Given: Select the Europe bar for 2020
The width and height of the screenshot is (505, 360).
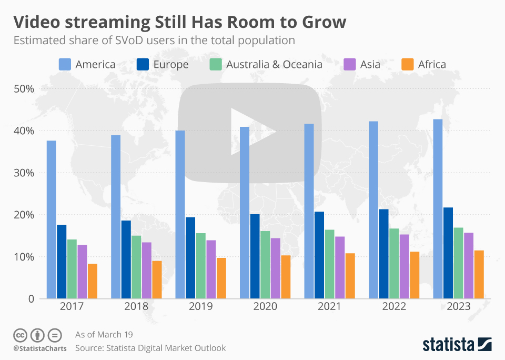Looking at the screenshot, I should pos(255,256).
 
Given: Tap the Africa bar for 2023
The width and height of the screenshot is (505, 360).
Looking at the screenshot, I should pos(479,274).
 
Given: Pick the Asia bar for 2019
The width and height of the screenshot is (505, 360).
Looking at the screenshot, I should pos(211,269).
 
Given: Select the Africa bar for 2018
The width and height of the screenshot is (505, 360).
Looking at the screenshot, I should pos(157,279).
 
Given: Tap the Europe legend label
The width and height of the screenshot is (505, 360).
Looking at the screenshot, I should pos(171,65).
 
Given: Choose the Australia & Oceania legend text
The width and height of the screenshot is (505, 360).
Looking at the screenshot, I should pos(274,65).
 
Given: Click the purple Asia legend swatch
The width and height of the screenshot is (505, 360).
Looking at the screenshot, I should pos(350,65).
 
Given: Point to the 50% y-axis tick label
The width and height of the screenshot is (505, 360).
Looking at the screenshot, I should pos(24,88).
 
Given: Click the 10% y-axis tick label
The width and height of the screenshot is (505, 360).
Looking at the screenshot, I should pos(24,257).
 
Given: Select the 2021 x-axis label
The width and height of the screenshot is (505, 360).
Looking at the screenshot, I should pos(329,307).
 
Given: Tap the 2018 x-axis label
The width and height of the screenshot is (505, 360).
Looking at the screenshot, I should pos(136,307).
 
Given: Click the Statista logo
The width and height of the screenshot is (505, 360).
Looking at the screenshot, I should pos(457,345).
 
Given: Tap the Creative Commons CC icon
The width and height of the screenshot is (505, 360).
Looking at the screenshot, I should pos(21,335).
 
